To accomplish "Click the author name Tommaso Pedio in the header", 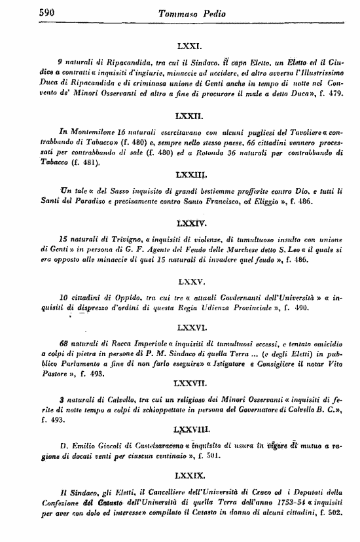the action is point(190,12).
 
